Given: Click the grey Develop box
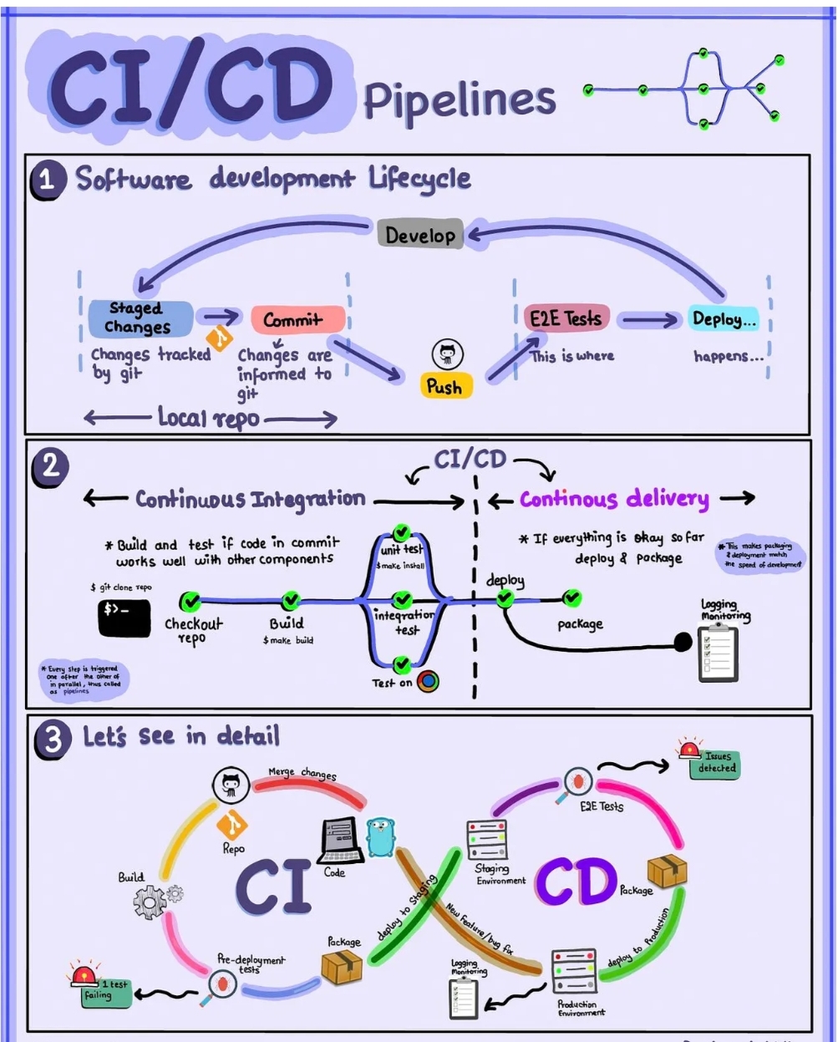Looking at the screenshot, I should coord(420,235).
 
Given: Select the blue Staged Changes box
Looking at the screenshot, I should coord(140,318).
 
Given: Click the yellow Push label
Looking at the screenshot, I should coord(444,386).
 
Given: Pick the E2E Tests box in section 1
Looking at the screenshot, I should coord(565,318).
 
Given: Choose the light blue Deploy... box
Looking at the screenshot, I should coord(723,318).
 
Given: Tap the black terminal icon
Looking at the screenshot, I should coord(124,618).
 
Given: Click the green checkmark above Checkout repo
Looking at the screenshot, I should coord(190,600).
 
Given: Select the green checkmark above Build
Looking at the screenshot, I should coord(290,600).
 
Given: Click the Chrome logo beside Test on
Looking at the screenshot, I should coord(429,681).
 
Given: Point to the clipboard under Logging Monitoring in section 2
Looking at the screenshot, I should coord(717,651).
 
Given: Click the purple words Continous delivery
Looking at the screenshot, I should coord(614,500).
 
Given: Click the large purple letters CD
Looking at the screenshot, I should coord(576,882).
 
